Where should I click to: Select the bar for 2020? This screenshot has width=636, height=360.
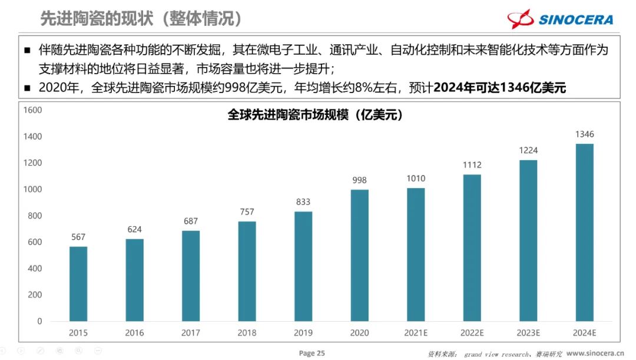(359, 255)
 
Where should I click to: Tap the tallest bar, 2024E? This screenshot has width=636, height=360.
(584, 232)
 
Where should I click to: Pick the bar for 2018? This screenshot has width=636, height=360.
(247, 271)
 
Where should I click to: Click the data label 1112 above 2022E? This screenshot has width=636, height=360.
(472, 165)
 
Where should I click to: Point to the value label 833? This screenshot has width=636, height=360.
(303, 202)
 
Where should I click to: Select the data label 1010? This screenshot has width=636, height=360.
(416, 179)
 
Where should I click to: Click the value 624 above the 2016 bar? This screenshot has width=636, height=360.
(134, 229)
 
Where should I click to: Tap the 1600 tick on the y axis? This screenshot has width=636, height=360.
(32, 110)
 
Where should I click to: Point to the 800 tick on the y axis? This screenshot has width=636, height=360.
(35, 216)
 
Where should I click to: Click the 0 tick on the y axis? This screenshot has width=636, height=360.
(39, 321)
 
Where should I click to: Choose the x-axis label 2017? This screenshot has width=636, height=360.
(191, 333)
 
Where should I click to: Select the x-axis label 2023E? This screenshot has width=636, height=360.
(528, 333)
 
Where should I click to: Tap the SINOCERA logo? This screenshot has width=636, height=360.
(560, 19)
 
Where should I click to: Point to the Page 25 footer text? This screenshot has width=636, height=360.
(312, 353)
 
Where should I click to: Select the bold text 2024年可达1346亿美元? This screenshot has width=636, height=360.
(499, 88)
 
